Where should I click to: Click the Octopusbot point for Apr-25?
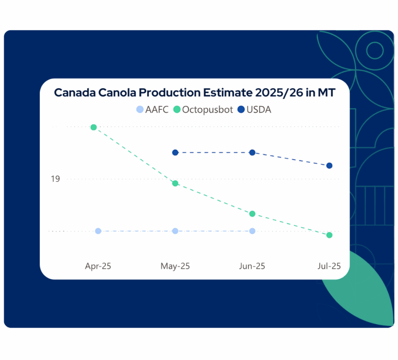[94, 127]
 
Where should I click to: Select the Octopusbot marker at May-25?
[175, 183]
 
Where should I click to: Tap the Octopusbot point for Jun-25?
[252, 214]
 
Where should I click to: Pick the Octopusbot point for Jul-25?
[329, 235]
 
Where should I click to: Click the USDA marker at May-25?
[175, 152]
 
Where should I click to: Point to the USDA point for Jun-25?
[252, 152]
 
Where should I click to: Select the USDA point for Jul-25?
[329, 166]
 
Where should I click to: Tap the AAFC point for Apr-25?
[98, 231]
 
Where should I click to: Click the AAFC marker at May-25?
[175, 231]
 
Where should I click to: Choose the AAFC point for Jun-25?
[252, 231]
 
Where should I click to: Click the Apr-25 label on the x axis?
[98, 266]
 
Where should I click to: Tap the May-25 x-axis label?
[175, 266]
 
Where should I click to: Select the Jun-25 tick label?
[252, 266]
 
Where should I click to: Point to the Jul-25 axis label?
[329, 266]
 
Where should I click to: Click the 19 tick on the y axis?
[55, 179]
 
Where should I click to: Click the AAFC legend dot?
[139, 110]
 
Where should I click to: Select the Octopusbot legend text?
[207, 110]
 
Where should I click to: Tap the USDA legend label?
[259, 110]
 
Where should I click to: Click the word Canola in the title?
[113, 93]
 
